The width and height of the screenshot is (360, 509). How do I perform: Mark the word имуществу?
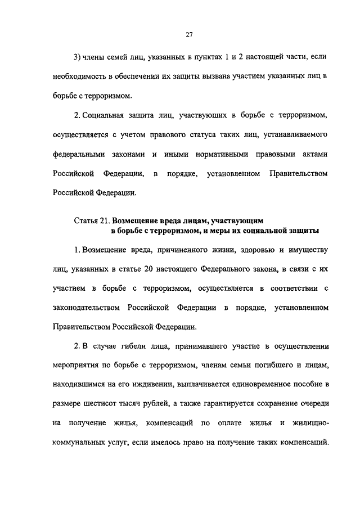[x=304, y=249]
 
